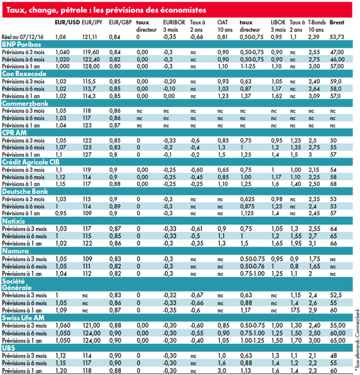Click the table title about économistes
click(x=106, y=10)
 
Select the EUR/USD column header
click(x=67, y=23)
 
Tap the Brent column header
click(x=337, y=23)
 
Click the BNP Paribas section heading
click(x=21, y=45)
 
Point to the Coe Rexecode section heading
click(x=24, y=74)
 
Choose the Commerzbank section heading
click(x=26, y=103)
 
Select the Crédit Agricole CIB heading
click(x=31, y=162)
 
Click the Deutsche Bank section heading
click(x=25, y=192)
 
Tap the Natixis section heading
click(x=13, y=221)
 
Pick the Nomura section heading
click(x=15, y=251)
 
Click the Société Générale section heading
click(x=17, y=284)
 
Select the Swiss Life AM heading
click(x=23, y=318)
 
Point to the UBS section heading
click(x=9, y=348)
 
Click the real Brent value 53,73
click(x=337, y=37)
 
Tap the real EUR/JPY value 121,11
click(x=89, y=37)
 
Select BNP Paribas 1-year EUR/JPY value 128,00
click(x=91, y=67)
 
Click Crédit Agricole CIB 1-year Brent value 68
click(x=333, y=184)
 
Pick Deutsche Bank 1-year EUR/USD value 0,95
click(x=61, y=213)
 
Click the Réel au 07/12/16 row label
click(x=23, y=37)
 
